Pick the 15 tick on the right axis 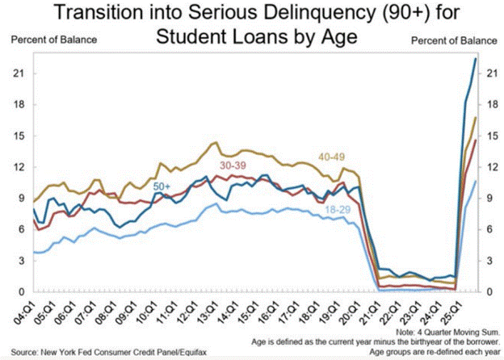(x=488, y=136)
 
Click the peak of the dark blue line (x=475, y=59)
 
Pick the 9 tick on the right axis (x=486, y=198)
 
